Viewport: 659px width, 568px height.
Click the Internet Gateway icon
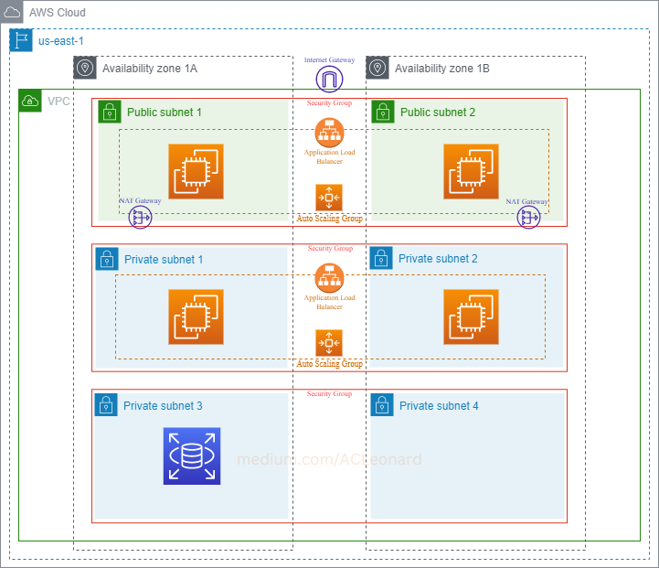(x=329, y=79)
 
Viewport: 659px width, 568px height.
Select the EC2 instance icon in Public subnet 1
(x=196, y=171)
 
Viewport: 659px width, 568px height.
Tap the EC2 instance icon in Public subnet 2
(x=471, y=171)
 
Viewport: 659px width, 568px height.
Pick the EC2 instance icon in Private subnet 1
(x=196, y=316)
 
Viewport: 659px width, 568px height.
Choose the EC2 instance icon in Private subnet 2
(x=471, y=316)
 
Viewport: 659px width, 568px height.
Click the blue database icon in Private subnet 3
(x=192, y=455)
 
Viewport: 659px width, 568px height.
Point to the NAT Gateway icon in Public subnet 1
(x=141, y=217)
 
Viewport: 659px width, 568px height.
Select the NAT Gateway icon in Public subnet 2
(x=528, y=217)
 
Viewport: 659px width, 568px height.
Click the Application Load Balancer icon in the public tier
(x=329, y=131)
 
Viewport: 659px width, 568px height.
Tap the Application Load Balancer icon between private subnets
(x=329, y=277)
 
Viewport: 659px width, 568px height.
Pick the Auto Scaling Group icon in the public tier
(x=329, y=198)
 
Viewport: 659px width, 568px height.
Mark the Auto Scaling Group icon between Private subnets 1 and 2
(x=329, y=343)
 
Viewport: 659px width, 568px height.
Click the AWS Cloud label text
(x=58, y=13)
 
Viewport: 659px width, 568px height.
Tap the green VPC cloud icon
(x=31, y=101)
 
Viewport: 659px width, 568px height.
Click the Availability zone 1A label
(x=150, y=69)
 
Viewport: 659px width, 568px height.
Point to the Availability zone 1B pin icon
(x=377, y=68)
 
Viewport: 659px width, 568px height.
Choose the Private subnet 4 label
(x=439, y=405)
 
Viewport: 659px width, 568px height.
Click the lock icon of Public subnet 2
(x=383, y=112)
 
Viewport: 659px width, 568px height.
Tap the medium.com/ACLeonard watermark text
(x=330, y=459)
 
